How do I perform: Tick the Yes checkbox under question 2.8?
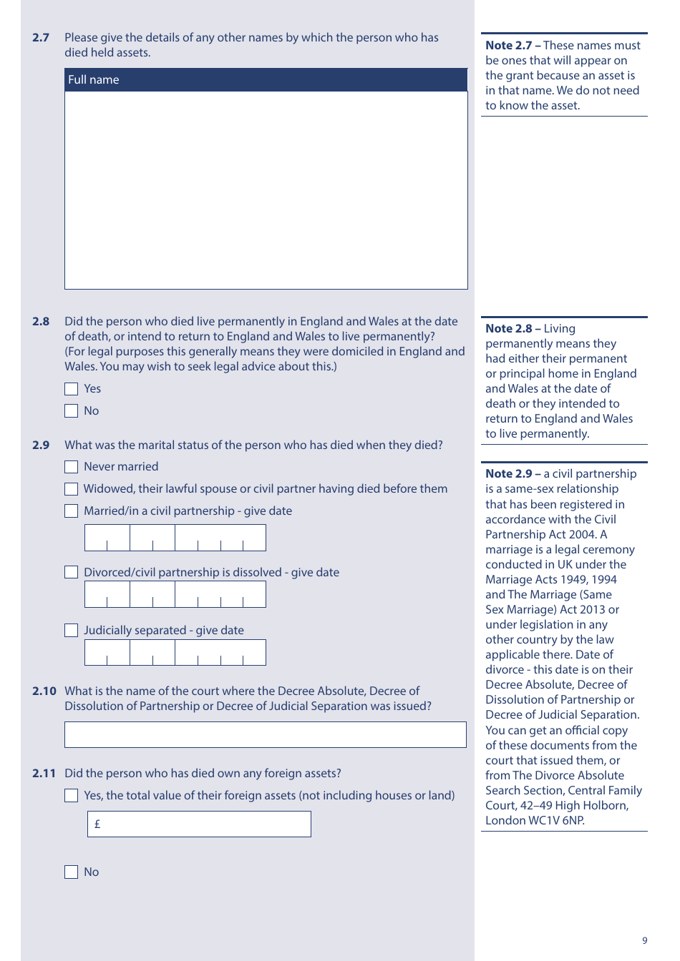[x=71, y=389]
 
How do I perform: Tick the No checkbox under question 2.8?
[x=71, y=411]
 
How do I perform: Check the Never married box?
[x=71, y=467]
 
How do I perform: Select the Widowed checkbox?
[x=71, y=489]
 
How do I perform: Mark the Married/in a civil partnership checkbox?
[x=71, y=511]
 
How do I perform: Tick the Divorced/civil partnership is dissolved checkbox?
[x=71, y=573]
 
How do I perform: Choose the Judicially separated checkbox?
[x=71, y=631]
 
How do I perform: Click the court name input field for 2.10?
[x=265, y=735]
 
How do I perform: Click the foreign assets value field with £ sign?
[x=199, y=824]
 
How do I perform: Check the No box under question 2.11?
[x=71, y=872]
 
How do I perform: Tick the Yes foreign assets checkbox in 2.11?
[x=71, y=796]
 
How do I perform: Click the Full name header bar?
[x=266, y=80]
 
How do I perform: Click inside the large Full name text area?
[x=266, y=190]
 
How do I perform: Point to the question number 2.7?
[x=41, y=38]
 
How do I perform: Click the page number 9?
[x=644, y=941]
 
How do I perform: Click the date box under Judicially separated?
[x=175, y=653]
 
